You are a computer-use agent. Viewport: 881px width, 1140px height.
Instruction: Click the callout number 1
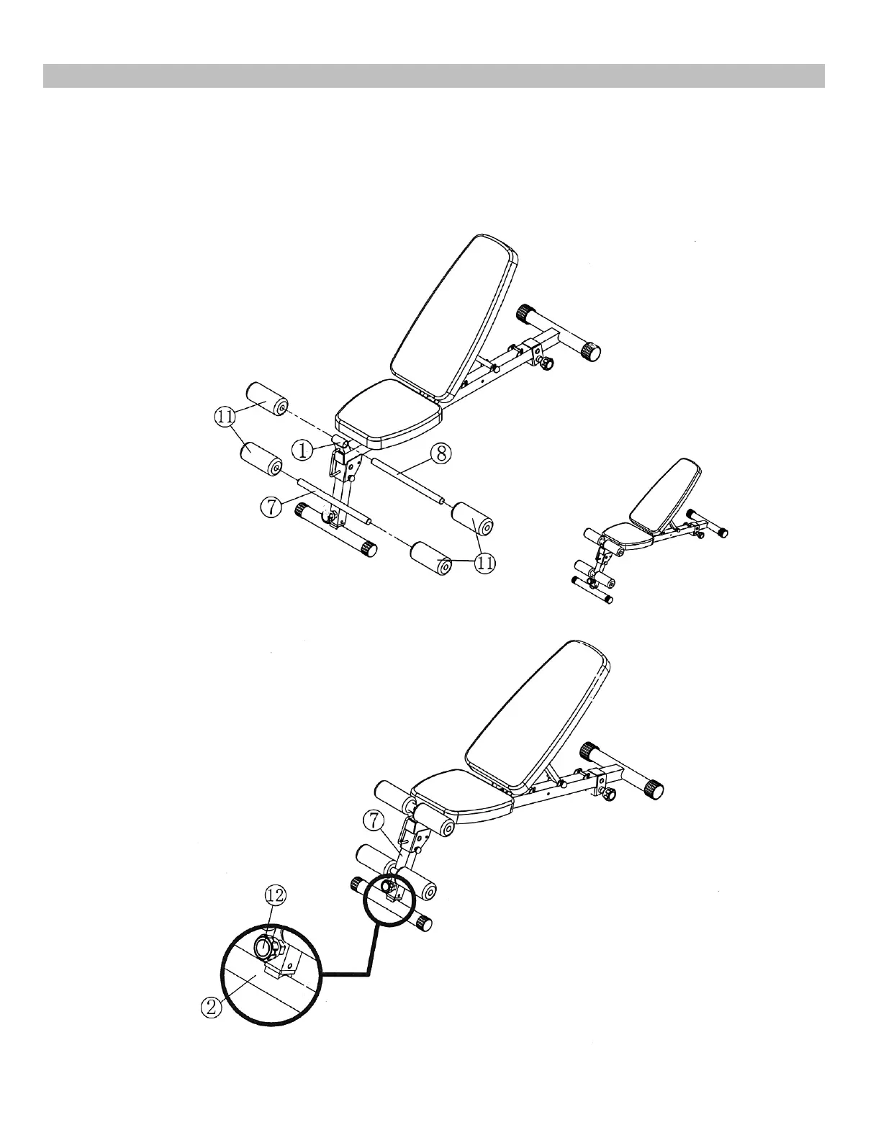(x=303, y=450)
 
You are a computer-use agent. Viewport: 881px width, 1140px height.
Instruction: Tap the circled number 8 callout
(x=441, y=453)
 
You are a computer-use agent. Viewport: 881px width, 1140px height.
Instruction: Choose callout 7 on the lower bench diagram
(x=372, y=818)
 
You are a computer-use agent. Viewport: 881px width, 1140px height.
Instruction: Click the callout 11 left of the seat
(x=224, y=416)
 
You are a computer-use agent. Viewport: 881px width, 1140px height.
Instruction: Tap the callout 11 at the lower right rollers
(x=485, y=564)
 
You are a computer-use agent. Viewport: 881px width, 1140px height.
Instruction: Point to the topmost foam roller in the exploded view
(x=268, y=400)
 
